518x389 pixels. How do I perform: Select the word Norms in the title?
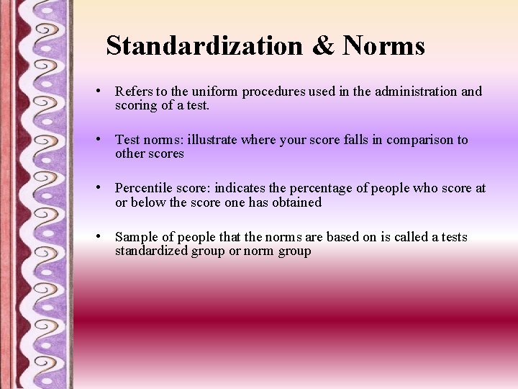click(384, 46)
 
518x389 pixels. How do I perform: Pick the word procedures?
click(273, 92)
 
